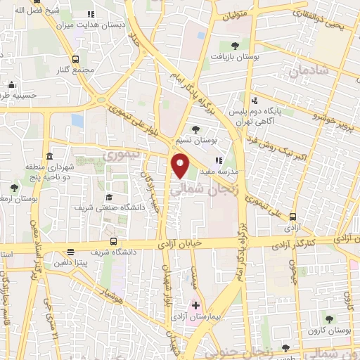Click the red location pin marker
point(180,167)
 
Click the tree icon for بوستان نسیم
point(196,129)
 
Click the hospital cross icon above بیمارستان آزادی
point(196,305)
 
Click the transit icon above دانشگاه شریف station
point(71,252)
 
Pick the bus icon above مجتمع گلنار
point(75,59)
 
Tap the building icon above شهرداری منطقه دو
point(49,156)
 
